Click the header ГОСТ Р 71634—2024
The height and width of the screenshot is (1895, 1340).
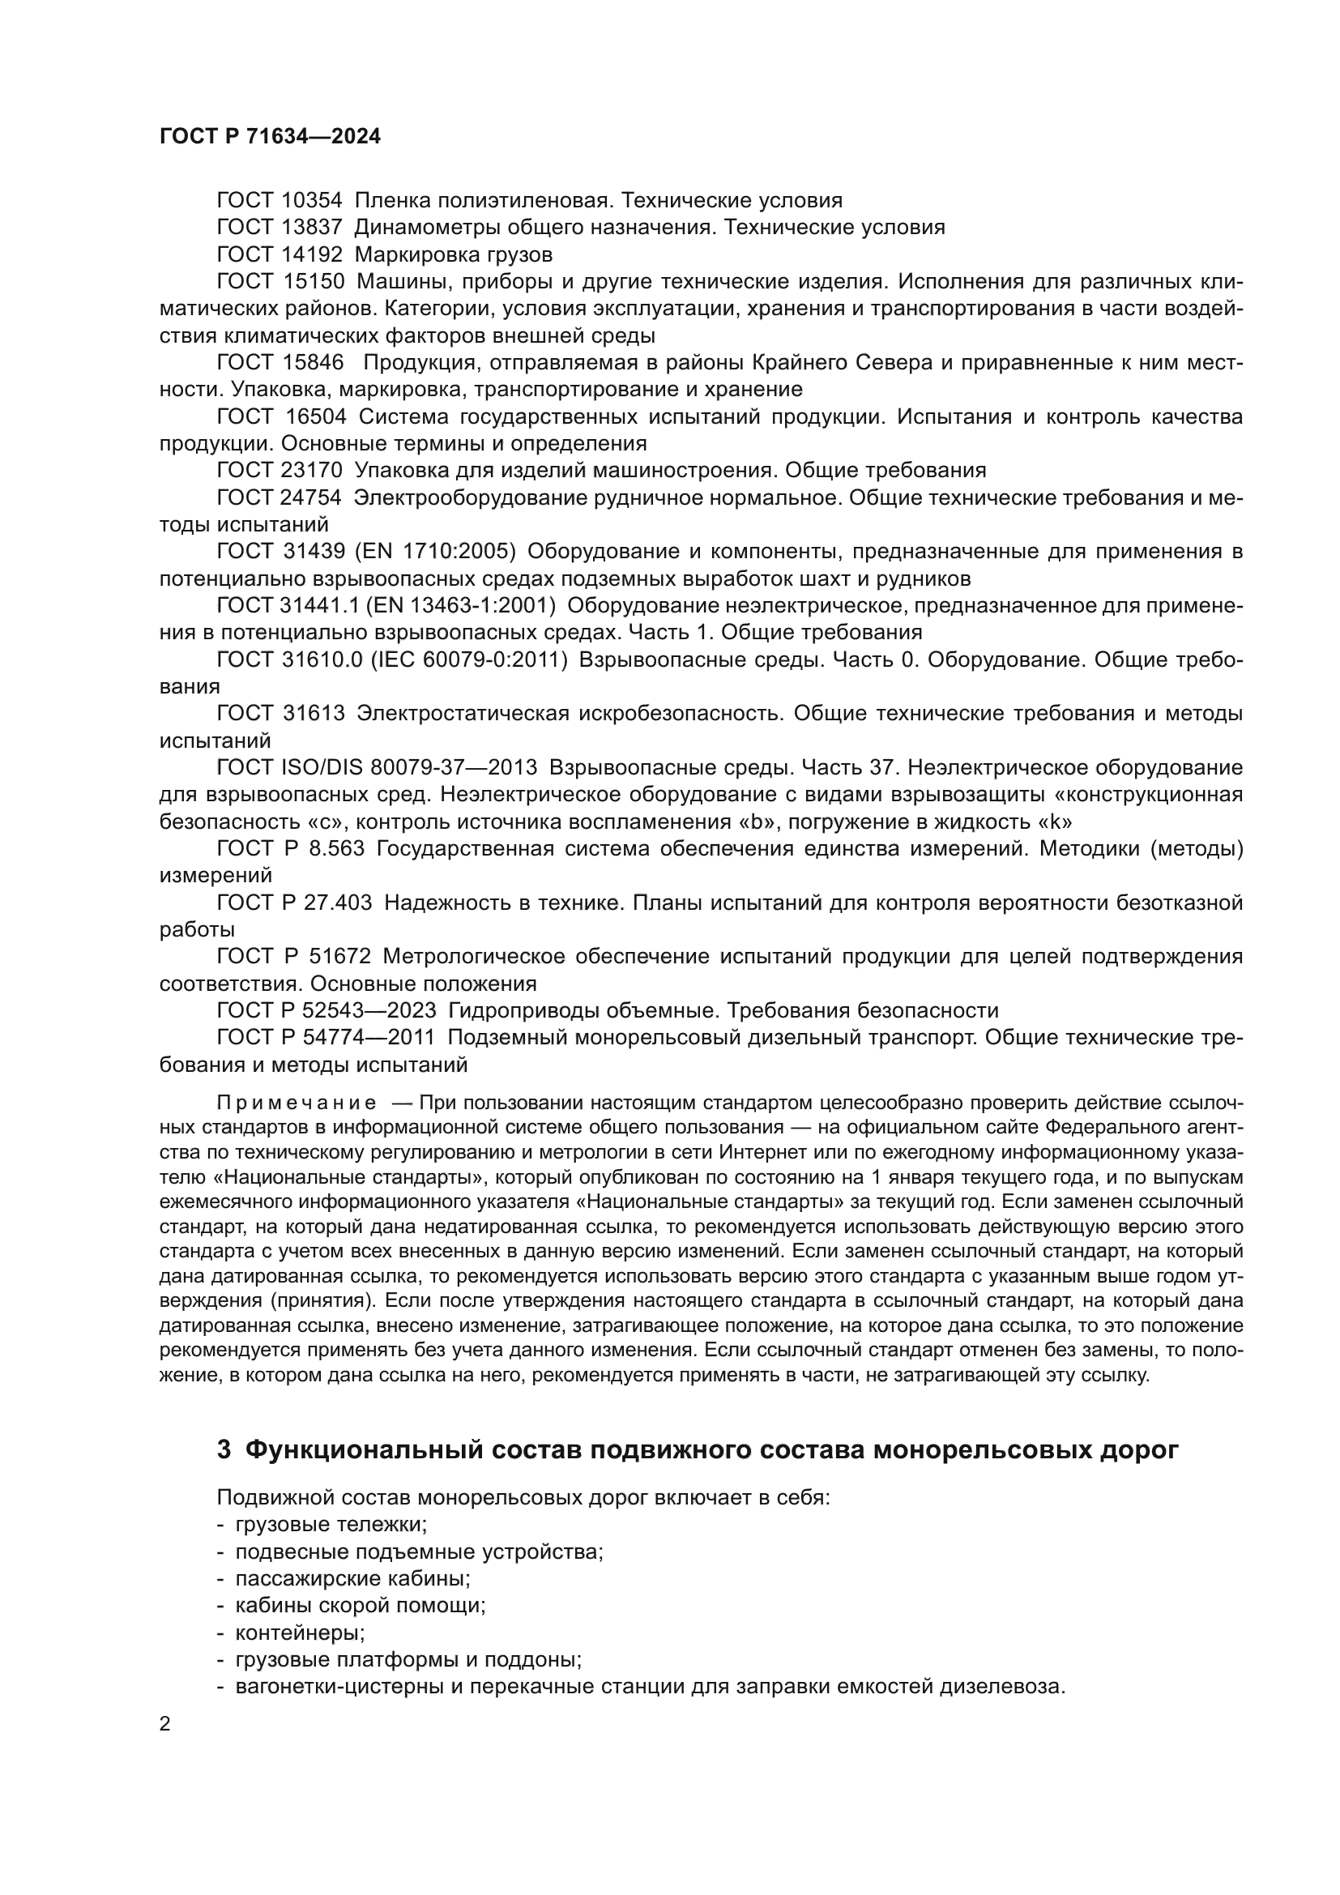[270, 137]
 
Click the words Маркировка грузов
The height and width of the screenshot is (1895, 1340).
[453, 254]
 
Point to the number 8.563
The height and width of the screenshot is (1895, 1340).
[337, 848]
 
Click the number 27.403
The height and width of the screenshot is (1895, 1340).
[339, 903]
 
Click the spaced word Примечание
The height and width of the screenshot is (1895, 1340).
[297, 1103]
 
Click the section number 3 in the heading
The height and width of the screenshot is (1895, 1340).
[224, 1450]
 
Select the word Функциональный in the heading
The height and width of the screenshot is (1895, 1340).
[364, 1450]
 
